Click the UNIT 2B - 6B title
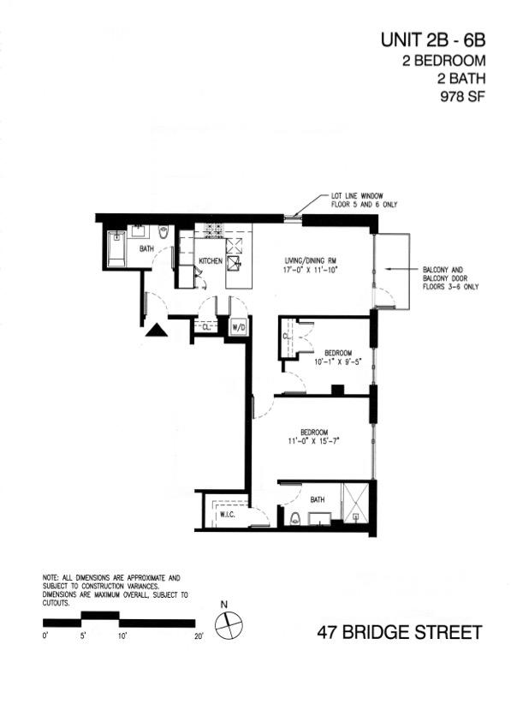[433, 40]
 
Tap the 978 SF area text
[462, 97]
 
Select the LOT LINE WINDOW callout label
[357, 196]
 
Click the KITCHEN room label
[211, 261]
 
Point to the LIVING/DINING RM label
[311, 261]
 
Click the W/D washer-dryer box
[238, 327]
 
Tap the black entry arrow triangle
[157, 330]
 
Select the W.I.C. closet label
[228, 515]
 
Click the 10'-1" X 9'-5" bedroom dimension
[337, 361]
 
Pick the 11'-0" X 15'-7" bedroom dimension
[313, 440]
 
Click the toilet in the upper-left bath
[163, 232]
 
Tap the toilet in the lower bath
[294, 519]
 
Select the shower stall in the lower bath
[355, 504]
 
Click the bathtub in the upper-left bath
[117, 248]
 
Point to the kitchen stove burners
[213, 230]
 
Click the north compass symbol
[229, 625]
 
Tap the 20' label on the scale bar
[199, 635]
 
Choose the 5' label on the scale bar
[84, 635]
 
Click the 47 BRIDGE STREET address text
[400, 633]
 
